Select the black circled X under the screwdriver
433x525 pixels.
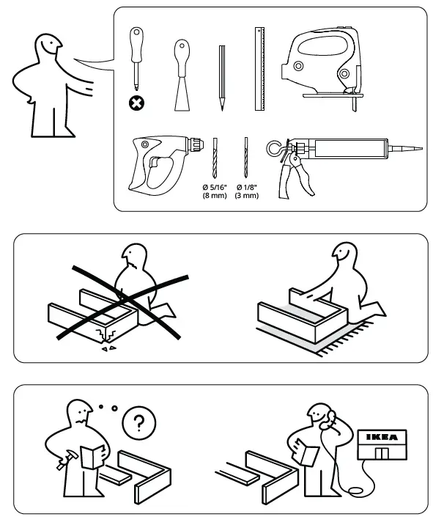tap(136, 103)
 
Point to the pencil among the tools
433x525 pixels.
tap(221, 77)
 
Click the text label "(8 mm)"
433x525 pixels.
tap(215, 196)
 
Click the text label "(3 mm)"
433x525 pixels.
tap(246, 196)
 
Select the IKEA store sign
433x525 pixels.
tap(382, 437)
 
